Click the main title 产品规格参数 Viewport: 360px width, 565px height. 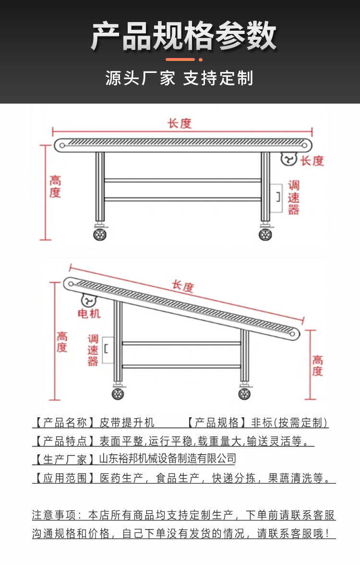click(184, 36)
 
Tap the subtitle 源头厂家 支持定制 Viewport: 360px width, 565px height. click(179, 78)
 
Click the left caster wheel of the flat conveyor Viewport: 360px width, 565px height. click(100, 235)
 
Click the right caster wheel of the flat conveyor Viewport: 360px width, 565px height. click(265, 235)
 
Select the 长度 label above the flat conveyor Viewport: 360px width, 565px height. click(180, 123)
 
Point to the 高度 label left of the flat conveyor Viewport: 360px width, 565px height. click(55, 187)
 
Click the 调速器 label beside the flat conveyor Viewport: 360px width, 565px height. click(294, 197)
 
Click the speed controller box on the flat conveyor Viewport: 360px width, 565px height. click(276, 197)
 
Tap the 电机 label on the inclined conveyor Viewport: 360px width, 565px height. click(89, 314)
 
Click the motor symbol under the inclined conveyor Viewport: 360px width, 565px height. click(89, 300)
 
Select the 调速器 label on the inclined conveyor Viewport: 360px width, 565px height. click(93, 350)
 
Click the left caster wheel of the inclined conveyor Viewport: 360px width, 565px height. click(118, 394)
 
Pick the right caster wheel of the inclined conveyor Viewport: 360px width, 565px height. click(244, 394)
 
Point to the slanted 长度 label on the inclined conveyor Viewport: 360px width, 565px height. click(183, 286)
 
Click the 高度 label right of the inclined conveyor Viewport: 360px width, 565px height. click(318, 365)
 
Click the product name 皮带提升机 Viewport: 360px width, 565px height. click(127, 423)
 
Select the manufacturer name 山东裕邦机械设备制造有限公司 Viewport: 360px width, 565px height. click(168, 459)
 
